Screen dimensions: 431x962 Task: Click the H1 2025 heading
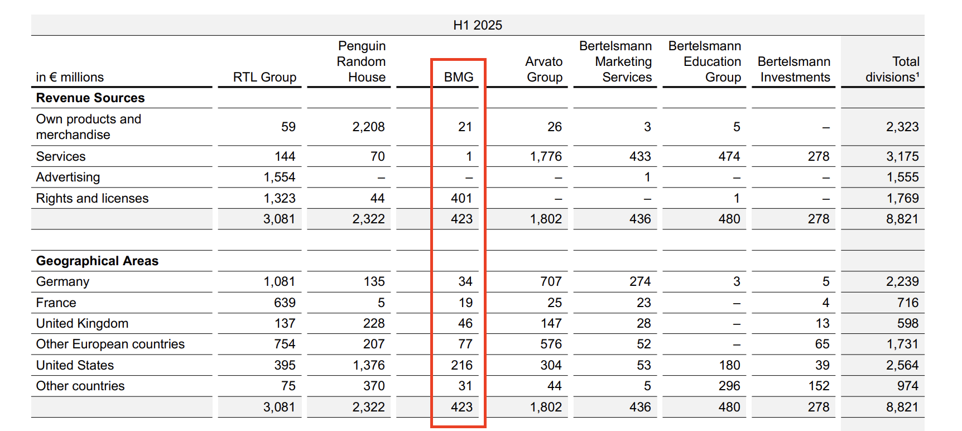pos(478,25)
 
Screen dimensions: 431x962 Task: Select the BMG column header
pos(458,77)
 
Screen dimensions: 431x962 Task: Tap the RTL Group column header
pos(264,77)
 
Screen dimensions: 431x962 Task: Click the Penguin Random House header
pos(361,61)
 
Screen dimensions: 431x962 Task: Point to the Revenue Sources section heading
pos(90,98)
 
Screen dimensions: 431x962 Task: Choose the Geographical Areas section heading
pos(97,261)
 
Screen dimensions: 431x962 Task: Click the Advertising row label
pos(68,177)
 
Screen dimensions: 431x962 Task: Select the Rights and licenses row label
pos(92,198)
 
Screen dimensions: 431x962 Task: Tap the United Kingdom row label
pos(82,323)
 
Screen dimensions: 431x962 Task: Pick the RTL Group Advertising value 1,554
pos(280,177)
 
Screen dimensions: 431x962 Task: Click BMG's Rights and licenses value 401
pos(461,198)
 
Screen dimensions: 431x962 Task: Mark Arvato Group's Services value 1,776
pos(546,156)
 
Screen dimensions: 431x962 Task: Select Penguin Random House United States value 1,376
pos(369,365)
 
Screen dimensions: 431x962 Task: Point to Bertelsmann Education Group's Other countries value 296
pos(729,386)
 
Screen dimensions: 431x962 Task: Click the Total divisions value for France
pos(908,303)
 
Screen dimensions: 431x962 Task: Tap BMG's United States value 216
pos(461,365)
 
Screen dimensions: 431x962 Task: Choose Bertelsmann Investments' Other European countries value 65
pos(822,344)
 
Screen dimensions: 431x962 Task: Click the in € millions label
pos(70,77)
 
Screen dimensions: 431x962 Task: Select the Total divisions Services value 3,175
pos(902,156)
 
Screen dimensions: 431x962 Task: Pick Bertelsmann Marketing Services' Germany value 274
pos(640,281)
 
